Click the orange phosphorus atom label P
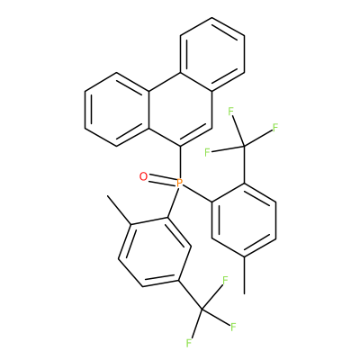point(179,183)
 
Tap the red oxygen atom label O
point(144,176)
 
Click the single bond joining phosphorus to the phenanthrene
point(180,162)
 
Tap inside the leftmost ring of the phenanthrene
point(117,110)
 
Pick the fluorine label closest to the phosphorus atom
point(207,152)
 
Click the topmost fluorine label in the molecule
point(230,112)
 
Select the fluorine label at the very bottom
point(189,343)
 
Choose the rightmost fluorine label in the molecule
point(275,128)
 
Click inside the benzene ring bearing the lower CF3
point(155,252)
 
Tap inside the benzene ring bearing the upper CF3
point(244,220)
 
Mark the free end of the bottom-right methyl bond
point(245,293)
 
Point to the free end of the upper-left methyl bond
point(108,195)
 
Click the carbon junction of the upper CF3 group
point(244,147)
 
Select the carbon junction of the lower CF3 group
point(202,309)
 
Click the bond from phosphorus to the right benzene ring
point(198,193)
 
